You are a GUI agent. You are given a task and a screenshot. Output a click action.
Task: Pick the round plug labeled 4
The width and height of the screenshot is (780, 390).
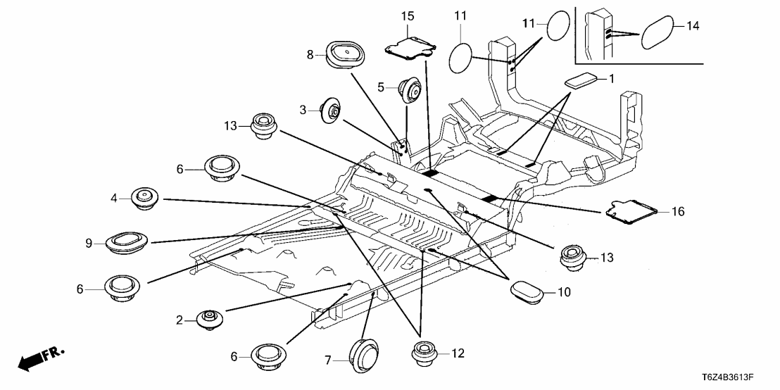(x=144, y=199)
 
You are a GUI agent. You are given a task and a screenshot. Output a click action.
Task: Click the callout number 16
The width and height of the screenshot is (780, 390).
(x=678, y=211)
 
